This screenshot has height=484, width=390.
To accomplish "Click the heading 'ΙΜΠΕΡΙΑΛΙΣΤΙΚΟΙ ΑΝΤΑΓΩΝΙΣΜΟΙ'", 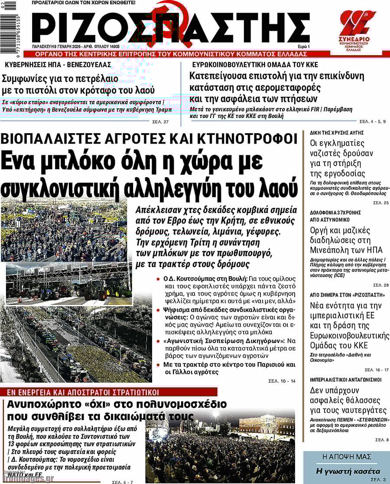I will [x=346, y=379].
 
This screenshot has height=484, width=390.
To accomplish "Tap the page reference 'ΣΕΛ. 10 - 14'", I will [x=282, y=381].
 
